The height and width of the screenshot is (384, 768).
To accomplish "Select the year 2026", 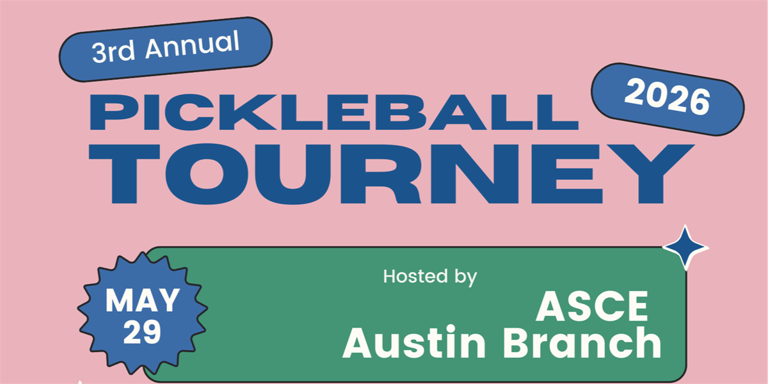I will (x=668, y=99).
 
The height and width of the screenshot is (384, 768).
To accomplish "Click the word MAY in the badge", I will (x=143, y=301).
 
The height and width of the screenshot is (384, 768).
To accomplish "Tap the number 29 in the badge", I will (x=142, y=333).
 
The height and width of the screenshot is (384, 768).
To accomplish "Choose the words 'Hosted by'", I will (x=430, y=277).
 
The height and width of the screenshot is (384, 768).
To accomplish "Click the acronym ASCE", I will (x=591, y=308).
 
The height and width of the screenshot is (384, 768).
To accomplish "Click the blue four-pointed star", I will (x=685, y=247).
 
